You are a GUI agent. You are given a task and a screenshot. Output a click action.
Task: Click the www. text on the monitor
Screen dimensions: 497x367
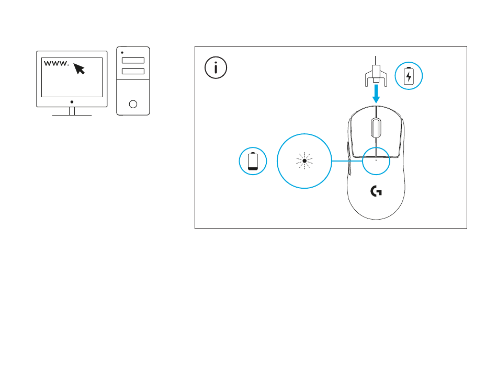click(55, 64)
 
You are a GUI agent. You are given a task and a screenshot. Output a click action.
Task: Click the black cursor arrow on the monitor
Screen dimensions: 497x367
click(79, 68)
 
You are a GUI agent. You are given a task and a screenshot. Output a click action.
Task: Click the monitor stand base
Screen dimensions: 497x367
click(72, 114)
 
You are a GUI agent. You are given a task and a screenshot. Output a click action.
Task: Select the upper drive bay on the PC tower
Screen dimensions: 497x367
click(133, 61)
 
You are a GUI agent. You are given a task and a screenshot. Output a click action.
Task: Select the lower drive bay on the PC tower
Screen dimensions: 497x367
click(133, 71)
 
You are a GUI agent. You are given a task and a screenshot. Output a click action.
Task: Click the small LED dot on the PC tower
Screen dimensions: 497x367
click(122, 53)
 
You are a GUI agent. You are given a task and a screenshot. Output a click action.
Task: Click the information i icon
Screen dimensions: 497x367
click(216, 68)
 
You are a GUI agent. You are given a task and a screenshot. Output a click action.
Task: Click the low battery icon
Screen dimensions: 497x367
click(253, 161)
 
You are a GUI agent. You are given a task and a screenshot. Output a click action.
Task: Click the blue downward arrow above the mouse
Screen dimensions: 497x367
click(376, 94)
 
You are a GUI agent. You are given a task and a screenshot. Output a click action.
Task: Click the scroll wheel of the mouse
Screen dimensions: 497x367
click(376, 127)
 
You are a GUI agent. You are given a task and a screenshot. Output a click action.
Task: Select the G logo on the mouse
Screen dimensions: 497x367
click(376, 192)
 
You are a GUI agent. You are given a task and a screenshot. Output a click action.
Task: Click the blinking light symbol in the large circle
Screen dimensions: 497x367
click(304, 161)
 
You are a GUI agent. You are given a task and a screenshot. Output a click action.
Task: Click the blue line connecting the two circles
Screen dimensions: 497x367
click(347, 161)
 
